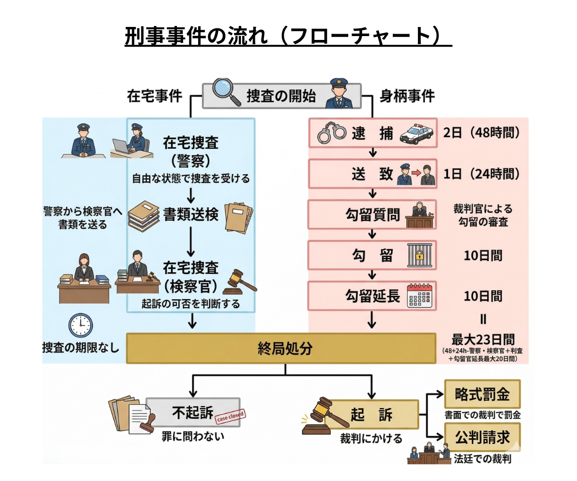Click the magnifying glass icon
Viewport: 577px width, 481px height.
click(x=226, y=91)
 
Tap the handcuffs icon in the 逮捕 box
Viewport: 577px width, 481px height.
click(x=332, y=133)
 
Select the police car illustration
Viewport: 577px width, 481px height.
click(x=416, y=134)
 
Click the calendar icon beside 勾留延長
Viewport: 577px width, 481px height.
click(x=421, y=296)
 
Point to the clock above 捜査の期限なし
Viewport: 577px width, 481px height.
click(x=80, y=325)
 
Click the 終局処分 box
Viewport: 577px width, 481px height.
click(x=281, y=348)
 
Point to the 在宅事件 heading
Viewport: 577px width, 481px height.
click(x=154, y=96)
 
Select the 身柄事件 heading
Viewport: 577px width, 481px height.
click(x=407, y=96)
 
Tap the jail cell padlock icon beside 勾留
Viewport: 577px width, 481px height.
click(x=420, y=255)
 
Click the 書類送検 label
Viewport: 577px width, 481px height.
click(x=191, y=215)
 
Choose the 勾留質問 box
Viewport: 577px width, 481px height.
click(x=372, y=215)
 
